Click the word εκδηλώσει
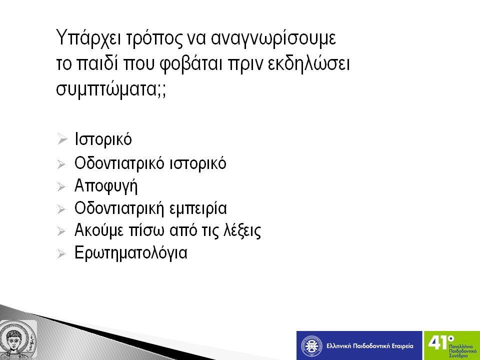pyautogui.click(x=308, y=63)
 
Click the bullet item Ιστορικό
pyautogui.click(x=103, y=139)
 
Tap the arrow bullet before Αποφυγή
pyautogui.click(x=61, y=186)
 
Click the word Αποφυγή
pyautogui.click(x=106, y=186)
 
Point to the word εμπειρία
pyautogui.click(x=198, y=208)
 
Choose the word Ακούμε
pyautogui.click(x=99, y=230)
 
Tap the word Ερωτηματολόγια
pyautogui.click(x=130, y=253)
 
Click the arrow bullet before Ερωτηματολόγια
pyautogui.click(x=61, y=254)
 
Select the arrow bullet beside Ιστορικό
pyautogui.click(x=62, y=139)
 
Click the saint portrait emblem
pyautogui.click(x=18, y=340)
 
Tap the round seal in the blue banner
pyautogui.click(x=311, y=346)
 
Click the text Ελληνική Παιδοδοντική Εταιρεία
pyautogui.click(x=370, y=346)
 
